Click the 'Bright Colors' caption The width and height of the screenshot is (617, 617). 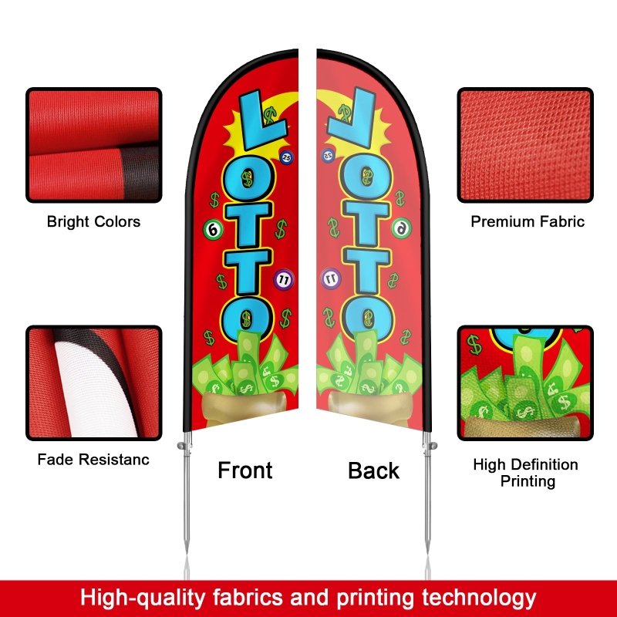pyautogui.click(x=93, y=222)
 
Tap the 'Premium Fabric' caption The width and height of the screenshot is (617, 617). pyautogui.click(x=528, y=222)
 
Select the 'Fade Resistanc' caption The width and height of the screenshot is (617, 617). pyautogui.click(x=93, y=460)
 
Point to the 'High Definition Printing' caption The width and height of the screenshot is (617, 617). pyautogui.click(x=525, y=473)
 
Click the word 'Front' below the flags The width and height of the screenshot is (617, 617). pyautogui.click(x=245, y=470)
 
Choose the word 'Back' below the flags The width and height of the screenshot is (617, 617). pyautogui.click(x=373, y=470)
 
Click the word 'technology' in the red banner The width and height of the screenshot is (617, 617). pyautogui.click(x=470, y=597)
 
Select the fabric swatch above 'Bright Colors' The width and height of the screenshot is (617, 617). pyautogui.click(x=94, y=145)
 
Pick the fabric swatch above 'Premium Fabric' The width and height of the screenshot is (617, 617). pyautogui.click(x=525, y=145)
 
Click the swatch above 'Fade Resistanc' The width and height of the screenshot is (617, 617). pyautogui.click(x=94, y=383)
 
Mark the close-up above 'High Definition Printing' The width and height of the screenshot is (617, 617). pyautogui.click(x=525, y=383)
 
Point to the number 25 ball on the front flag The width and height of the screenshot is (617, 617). pyautogui.click(x=287, y=157)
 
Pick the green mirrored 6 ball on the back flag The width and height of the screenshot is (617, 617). pyautogui.click(x=401, y=228)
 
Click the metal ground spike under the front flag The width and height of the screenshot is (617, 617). pyautogui.click(x=187, y=501)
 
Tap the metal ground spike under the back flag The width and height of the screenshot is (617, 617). pyautogui.click(x=427, y=501)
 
